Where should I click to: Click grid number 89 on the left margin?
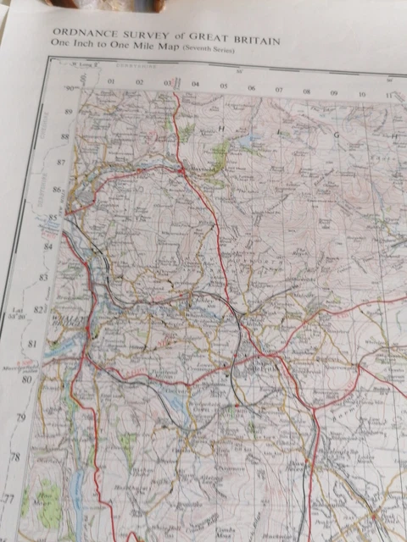[x=59, y=111]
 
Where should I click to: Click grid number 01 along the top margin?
[x=110, y=82]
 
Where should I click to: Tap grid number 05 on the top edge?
[x=224, y=86]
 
